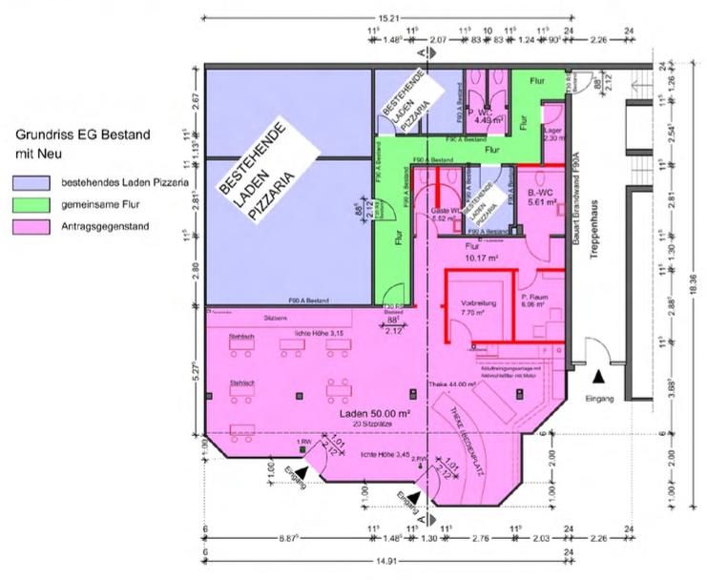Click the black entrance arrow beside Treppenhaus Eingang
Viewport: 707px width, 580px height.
(x=598, y=377)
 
